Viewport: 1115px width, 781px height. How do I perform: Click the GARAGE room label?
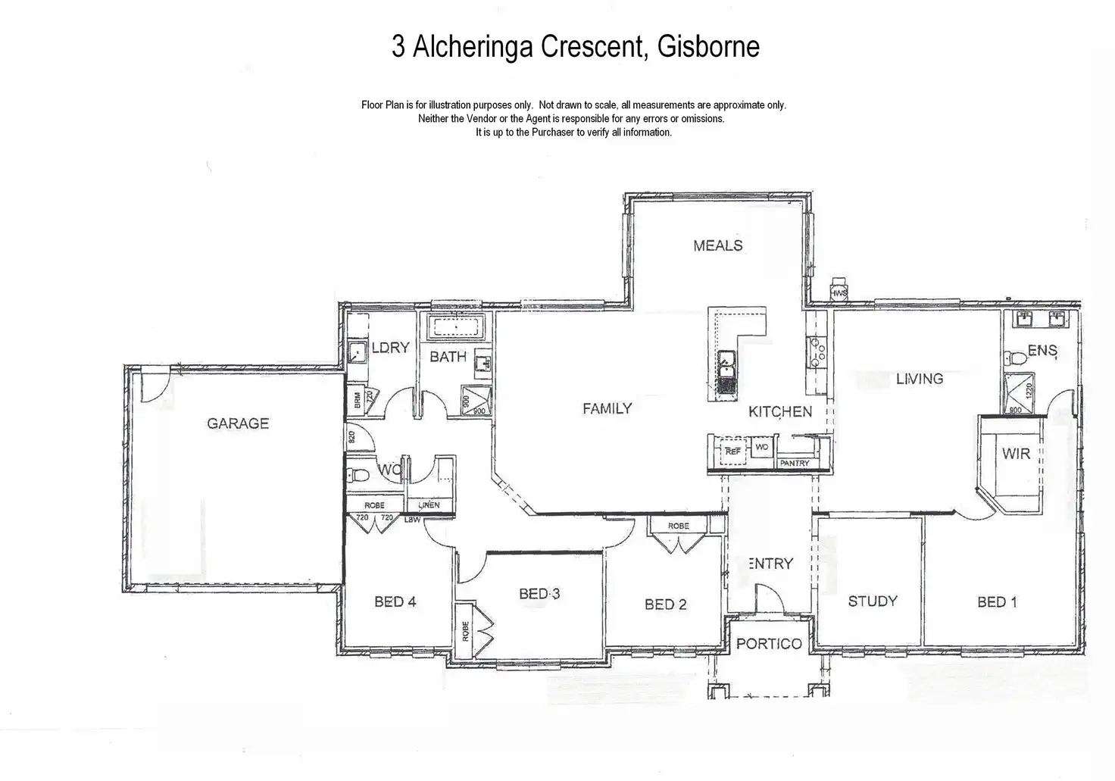(238, 423)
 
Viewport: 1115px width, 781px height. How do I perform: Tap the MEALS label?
(718, 245)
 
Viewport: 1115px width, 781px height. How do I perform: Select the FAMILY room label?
(607, 409)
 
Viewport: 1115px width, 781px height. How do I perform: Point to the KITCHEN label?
(780, 411)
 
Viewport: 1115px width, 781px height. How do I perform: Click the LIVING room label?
(920, 379)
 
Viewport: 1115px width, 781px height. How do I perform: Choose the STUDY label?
(873, 601)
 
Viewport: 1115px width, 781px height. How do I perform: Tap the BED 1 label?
(997, 602)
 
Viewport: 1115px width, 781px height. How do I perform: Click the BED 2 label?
(666, 604)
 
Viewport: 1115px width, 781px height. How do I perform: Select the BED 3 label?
(539, 594)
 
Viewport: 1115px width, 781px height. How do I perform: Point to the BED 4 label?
(395, 602)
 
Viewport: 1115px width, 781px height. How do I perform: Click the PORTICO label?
(769, 644)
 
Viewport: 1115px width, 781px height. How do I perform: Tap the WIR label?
(1016, 454)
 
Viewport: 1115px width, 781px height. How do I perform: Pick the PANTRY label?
(795, 463)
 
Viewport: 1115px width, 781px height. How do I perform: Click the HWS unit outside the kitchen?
(839, 292)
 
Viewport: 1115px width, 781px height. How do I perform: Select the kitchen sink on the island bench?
(726, 364)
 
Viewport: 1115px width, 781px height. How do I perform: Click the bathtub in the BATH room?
(456, 328)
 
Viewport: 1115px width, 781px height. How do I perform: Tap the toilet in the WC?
(357, 476)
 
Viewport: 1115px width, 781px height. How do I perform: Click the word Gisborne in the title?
(708, 47)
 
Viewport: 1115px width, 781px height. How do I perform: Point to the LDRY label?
(390, 348)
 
